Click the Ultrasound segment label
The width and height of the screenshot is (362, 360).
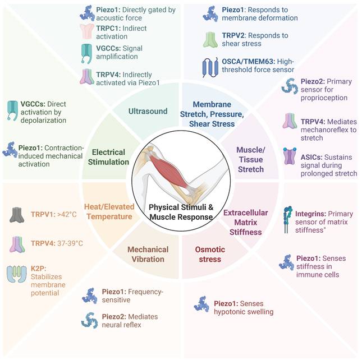click(x=149, y=111)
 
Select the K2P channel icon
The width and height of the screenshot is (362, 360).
click(x=18, y=273)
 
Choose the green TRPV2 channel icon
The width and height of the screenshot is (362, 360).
click(x=210, y=39)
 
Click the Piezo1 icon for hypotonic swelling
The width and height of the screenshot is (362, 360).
click(x=201, y=304)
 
